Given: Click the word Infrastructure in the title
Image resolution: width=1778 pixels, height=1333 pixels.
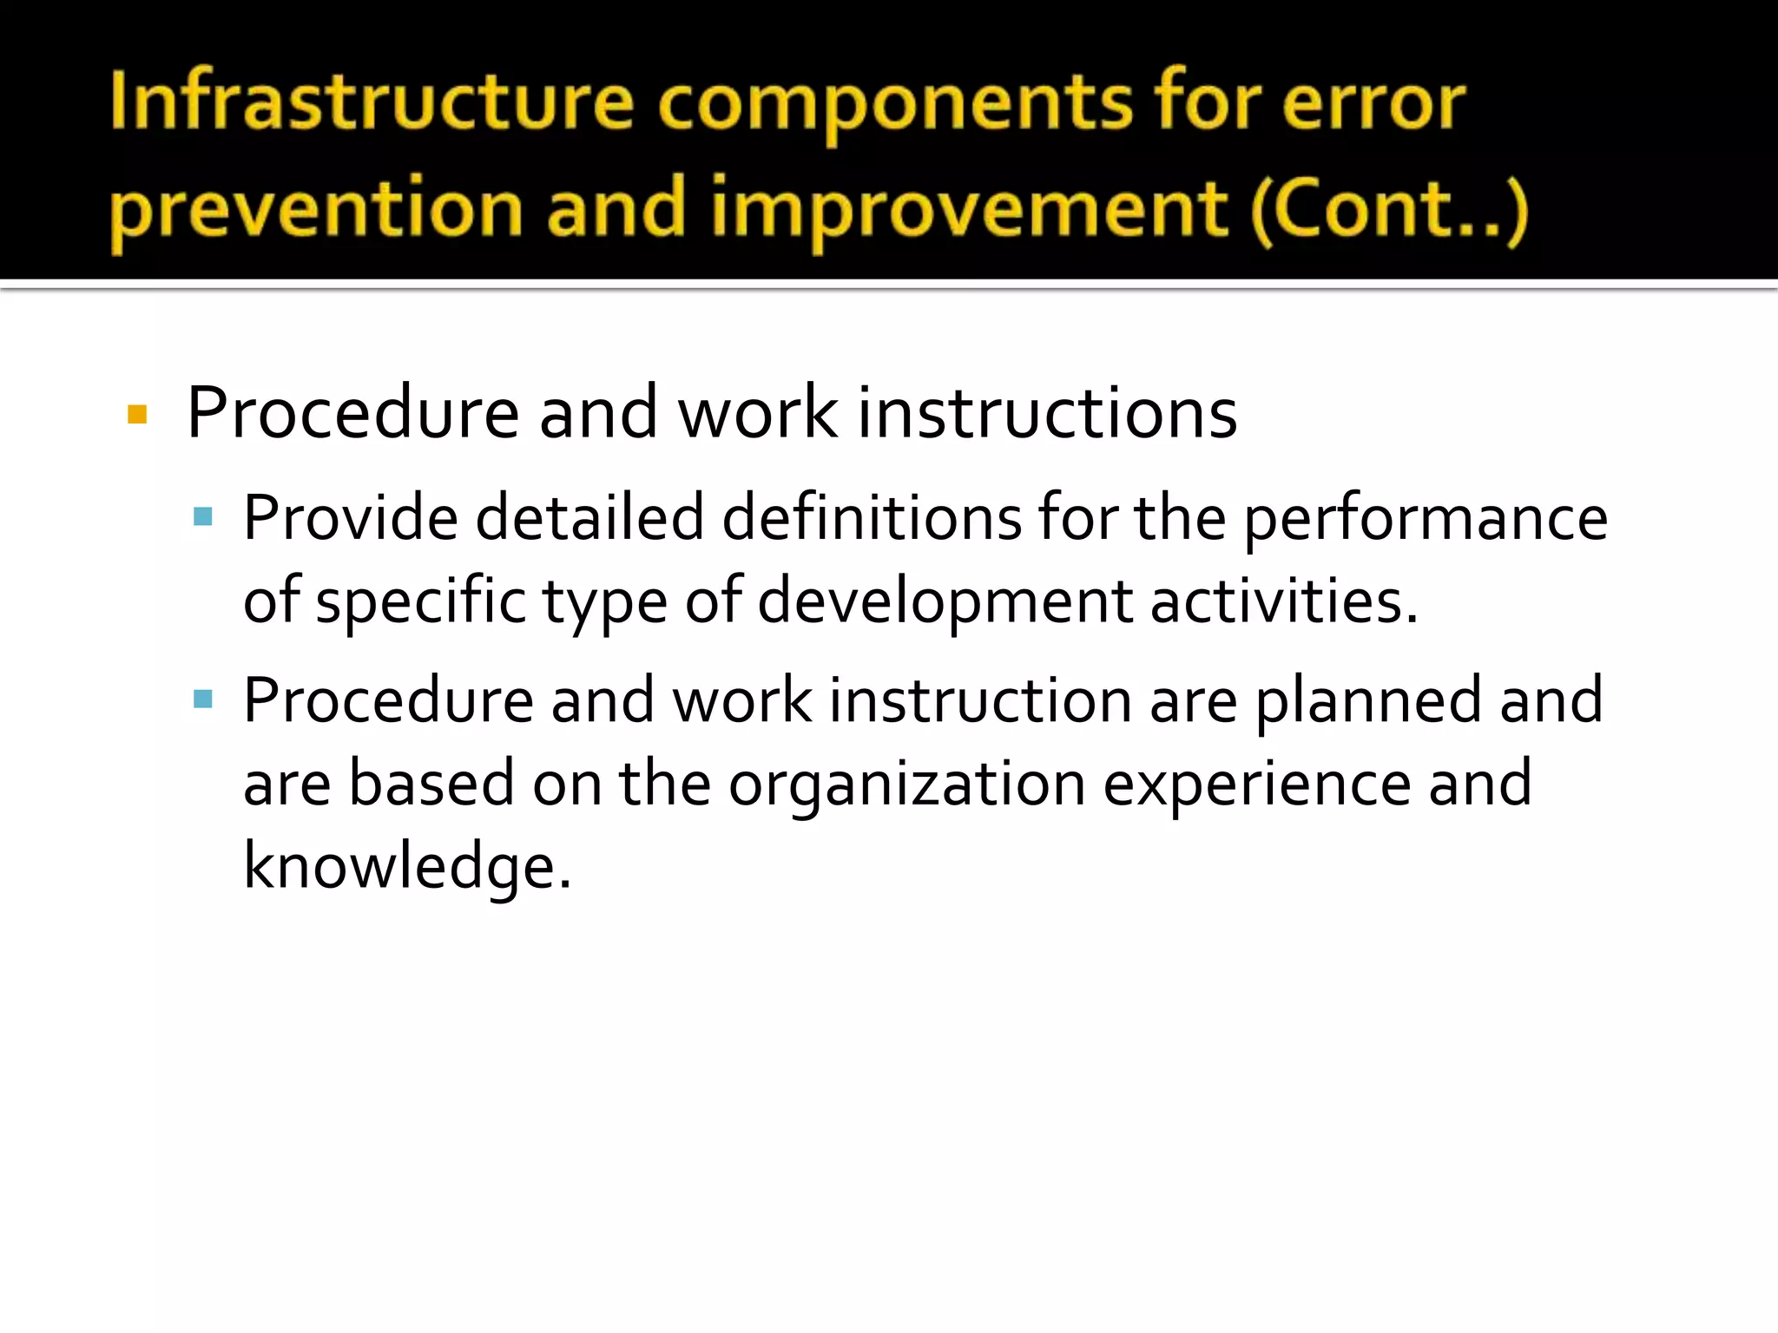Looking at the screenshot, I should (372, 103).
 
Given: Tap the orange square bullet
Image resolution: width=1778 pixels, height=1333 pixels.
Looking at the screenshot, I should (137, 414).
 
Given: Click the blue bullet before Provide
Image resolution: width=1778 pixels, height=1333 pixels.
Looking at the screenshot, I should (203, 518).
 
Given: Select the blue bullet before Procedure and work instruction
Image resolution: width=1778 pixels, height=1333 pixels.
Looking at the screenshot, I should (203, 699).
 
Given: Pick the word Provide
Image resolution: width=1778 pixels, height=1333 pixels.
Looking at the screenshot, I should (350, 518).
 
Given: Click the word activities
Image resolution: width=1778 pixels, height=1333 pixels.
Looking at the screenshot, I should (1283, 601).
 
